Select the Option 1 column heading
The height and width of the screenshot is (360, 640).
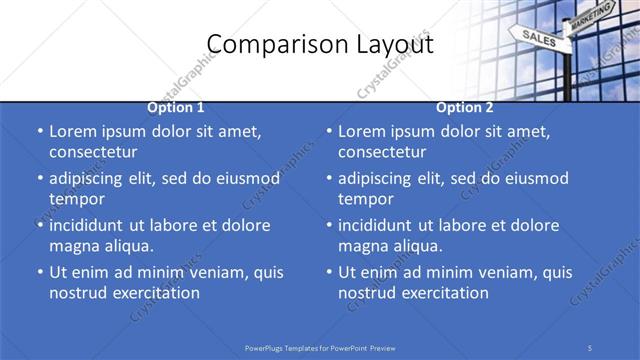click(x=176, y=107)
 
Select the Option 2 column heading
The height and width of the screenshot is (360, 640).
click(x=465, y=107)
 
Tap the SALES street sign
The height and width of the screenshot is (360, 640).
click(x=538, y=38)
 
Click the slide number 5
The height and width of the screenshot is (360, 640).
click(x=591, y=347)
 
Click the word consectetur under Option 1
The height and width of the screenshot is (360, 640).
click(x=93, y=152)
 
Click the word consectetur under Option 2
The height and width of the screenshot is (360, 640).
click(x=382, y=152)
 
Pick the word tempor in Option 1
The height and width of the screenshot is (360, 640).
click(x=75, y=198)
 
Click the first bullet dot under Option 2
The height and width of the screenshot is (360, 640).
click(x=328, y=132)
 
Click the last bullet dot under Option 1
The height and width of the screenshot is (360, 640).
click(x=39, y=273)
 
